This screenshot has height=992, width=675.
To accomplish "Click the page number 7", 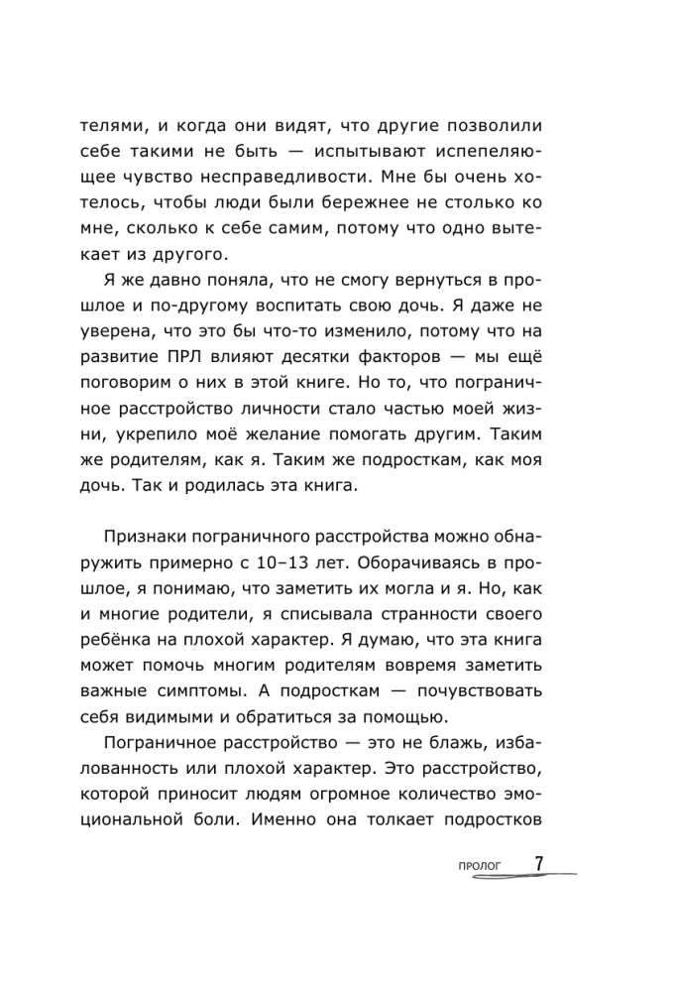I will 539,864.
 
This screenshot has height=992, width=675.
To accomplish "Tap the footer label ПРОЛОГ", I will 480,867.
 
